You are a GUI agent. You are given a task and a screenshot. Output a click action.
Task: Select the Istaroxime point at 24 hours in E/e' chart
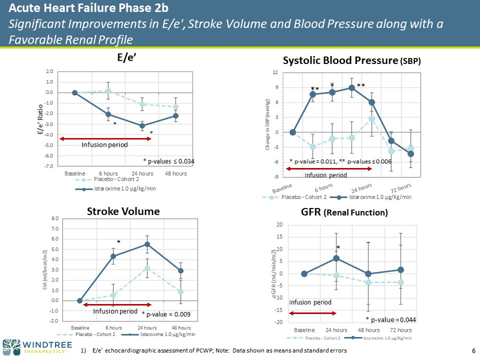tap(142, 126)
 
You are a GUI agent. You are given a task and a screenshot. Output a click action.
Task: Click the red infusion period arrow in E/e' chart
tap(106, 139)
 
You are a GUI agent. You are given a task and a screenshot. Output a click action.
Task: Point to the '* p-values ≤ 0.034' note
tap(169, 159)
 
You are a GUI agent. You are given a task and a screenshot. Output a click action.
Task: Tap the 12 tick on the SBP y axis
tap(276, 73)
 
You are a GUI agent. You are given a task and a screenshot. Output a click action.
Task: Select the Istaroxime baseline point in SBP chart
tap(293, 132)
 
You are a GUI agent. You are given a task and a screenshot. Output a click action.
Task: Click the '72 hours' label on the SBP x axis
tap(399, 189)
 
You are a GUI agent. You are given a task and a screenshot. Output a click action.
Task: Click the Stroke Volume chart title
tap(124, 211)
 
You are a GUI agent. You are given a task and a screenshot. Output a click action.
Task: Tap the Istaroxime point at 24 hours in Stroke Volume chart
tap(147, 244)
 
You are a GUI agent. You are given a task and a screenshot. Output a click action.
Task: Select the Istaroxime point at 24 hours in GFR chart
tap(337, 258)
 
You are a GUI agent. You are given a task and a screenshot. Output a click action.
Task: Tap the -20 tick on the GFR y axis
tap(279, 322)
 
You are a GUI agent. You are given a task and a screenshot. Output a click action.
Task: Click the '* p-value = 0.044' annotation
tap(391, 319)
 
